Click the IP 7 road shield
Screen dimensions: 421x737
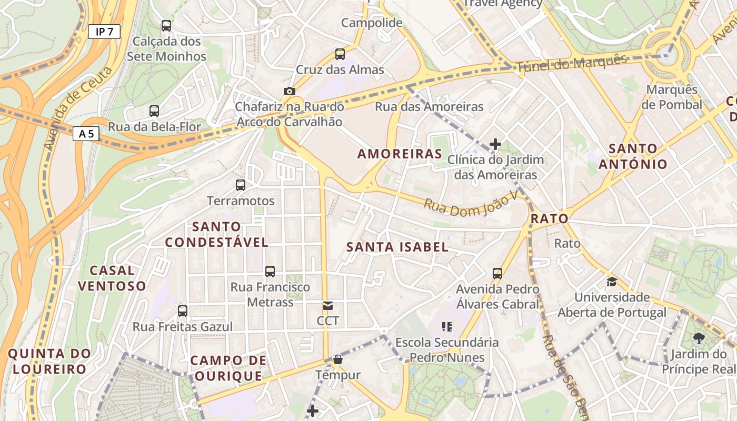point(104,32)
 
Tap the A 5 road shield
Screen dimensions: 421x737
point(86,134)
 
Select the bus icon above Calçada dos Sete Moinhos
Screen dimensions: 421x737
point(166,25)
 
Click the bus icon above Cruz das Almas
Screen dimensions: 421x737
point(340,54)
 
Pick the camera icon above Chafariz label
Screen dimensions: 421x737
point(289,91)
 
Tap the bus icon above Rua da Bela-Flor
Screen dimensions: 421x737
point(154,111)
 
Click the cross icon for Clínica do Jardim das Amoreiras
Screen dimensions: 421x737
point(495,144)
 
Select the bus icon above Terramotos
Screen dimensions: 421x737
point(241,185)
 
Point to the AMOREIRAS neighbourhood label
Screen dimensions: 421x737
point(400,154)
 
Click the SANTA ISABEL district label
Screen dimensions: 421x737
point(397,247)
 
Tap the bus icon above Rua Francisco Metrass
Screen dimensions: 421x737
point(270,272)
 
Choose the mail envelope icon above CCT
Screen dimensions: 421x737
point(328,306)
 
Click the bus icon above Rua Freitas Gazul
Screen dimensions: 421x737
point(183,311)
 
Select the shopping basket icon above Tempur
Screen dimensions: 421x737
point(338,359)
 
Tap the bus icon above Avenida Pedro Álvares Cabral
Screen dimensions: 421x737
point(497,273)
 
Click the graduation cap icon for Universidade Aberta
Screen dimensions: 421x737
point(612,282)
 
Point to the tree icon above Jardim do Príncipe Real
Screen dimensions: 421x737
point(699,338)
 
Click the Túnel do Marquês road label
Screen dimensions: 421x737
point(572,64)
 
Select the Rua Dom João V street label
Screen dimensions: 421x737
point(472,205)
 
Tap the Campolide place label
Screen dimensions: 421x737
point(372,23)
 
